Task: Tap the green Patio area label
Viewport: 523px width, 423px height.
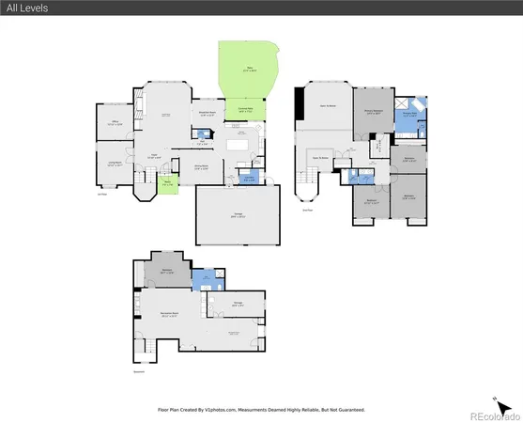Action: pos(249,69)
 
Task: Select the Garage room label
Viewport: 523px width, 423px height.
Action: pos(238,216)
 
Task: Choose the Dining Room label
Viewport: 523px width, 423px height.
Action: pos(201,168)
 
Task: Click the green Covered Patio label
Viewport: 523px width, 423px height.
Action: pos(244,110)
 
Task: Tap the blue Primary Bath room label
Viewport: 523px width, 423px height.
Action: pos(409,114)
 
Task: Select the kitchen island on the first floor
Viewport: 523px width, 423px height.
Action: pos(236,146)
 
